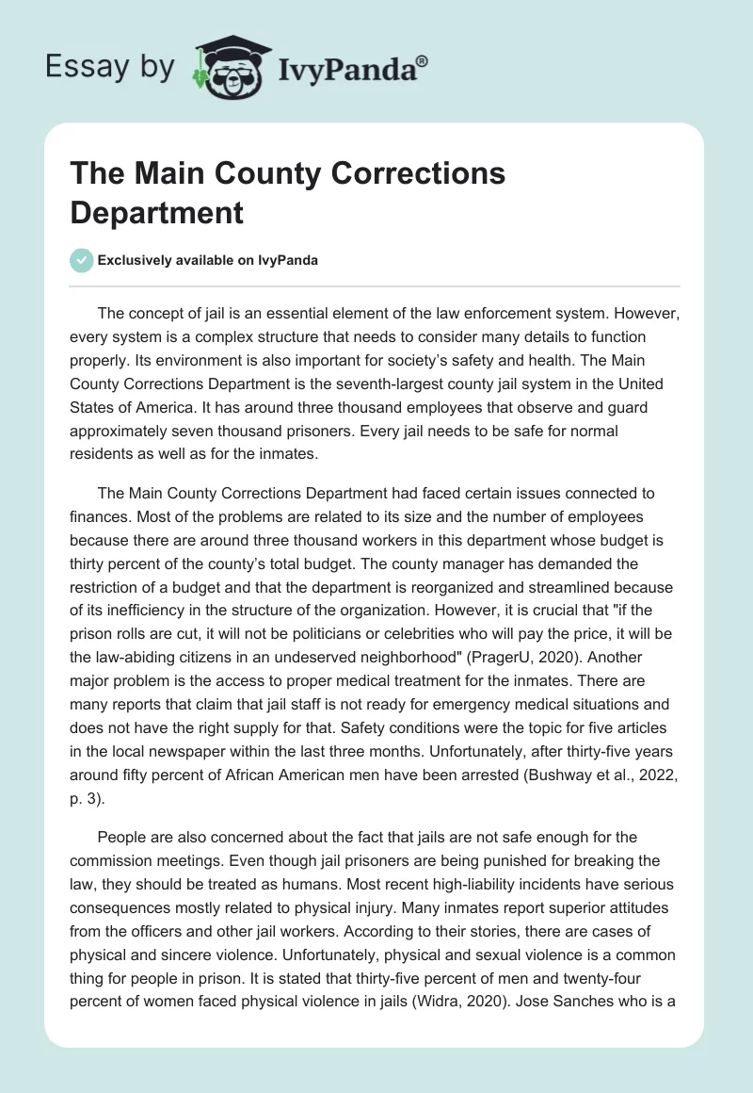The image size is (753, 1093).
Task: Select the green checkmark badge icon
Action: tap(83, 260)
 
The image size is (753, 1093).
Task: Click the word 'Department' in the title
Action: tap(157, 212)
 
